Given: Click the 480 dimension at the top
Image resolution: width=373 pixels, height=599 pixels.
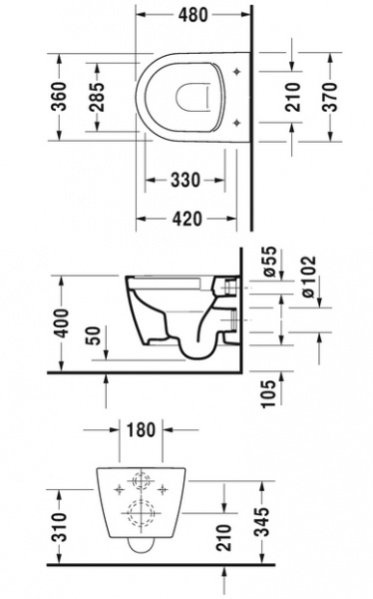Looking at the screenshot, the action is (x=193, y=15).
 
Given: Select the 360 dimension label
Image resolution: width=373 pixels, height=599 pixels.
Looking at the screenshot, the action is (x=59, y=96).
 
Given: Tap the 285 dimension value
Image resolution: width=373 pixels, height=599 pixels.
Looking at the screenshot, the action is (x=97, y=97).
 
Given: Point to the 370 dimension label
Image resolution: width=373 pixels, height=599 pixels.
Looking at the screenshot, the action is (x=330, y=97).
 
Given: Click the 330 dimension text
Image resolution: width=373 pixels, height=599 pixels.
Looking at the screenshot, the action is (x=186, y=180).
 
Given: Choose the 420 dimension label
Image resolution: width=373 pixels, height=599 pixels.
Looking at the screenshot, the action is (x=187, y=219).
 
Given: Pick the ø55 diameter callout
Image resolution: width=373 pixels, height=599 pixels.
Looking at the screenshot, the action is (x=269, y=262).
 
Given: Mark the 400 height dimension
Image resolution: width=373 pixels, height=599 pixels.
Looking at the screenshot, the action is (x=61, y=322).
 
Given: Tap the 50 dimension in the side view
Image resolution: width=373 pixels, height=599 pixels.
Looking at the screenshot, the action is (x=96, y=335).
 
